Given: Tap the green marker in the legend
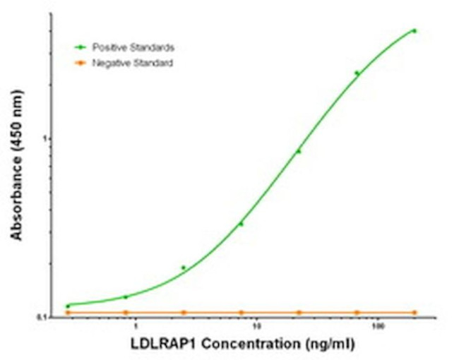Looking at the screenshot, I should (x=81, y=47).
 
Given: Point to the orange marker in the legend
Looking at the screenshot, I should (x=81, y=63).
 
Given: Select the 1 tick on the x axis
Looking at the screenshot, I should (x=135, y=328).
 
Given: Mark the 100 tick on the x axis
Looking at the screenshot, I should (x=379, y=328).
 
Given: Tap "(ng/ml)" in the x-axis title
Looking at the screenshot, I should (x=327, y=344).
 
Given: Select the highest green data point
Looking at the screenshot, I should (x=415, y=31).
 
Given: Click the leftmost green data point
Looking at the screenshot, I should (x=68, y=306).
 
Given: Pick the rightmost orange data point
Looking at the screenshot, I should (x=415, y=312).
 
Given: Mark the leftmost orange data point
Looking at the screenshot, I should (x=68, y=312).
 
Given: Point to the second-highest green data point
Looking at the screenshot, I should (x=357, y=73).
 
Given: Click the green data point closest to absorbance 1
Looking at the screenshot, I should (x=299, y=151).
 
